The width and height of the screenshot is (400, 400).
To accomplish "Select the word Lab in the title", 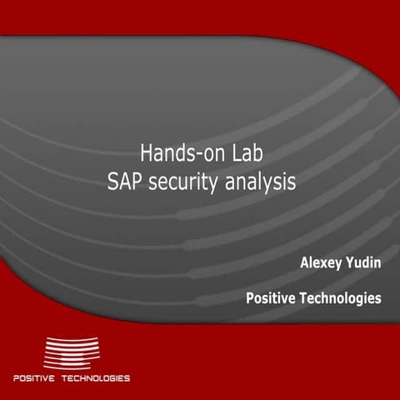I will point(245,153).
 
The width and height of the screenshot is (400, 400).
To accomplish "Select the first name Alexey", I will point(322,264).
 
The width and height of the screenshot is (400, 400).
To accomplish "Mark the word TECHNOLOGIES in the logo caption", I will point(96,378).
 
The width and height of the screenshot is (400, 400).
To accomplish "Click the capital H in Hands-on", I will point(146,153).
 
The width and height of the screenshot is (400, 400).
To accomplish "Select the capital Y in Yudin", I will point(350,264).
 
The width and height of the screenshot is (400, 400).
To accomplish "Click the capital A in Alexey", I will point(304,264).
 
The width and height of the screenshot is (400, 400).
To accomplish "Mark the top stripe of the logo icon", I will point(71,339).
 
